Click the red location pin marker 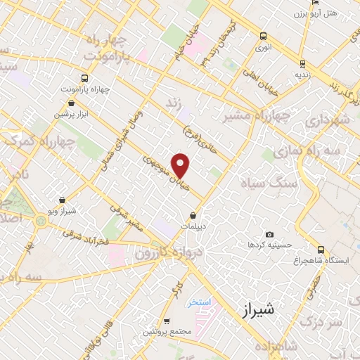click(181, 165)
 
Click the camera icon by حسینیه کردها click(269, 234)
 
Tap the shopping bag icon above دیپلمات click(193, 216)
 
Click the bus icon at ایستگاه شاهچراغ click(321, 250)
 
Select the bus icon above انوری click(263, 36)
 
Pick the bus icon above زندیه click(302, 62)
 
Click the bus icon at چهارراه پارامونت click(84, 78)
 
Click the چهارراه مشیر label click(250, 117)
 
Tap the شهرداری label click(328, 120)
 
